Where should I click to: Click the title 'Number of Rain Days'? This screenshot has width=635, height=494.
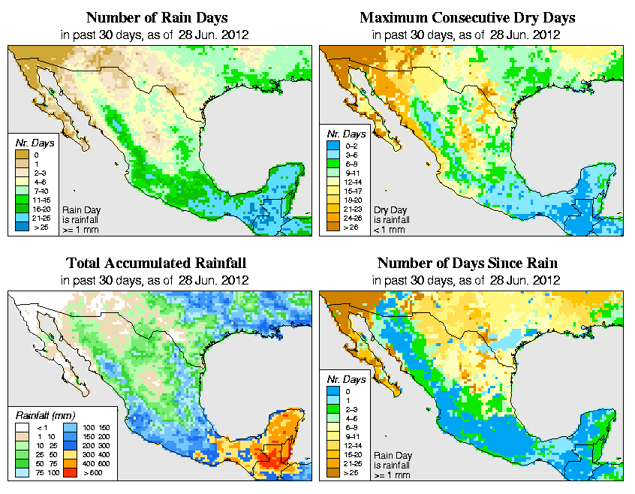click(x=157, y=17)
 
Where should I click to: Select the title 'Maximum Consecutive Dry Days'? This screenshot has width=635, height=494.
click(x=468, y=17)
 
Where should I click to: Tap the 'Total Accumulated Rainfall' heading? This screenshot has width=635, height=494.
click(x=156, y=264)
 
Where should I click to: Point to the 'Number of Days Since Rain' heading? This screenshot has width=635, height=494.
click(x=468, y=264)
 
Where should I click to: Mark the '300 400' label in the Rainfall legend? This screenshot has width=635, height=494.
click(x=93, y=455)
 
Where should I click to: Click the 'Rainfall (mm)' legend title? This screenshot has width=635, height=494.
click(x=44, y=414)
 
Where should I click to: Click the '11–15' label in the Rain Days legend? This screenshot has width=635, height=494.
click(x=41, y=200)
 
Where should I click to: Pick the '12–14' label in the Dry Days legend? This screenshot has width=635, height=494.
click(x=354, y=182)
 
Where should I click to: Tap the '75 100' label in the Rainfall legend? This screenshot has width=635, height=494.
click(x=44, y=474)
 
